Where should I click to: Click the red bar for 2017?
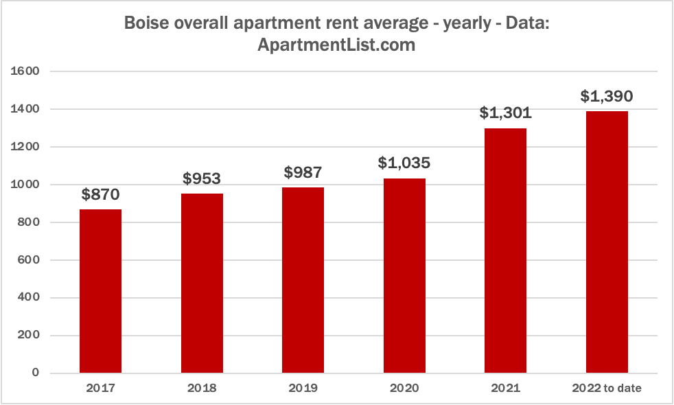click(x=101, y=291)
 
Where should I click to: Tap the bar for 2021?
click(x=506, y=251)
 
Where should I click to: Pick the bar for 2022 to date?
click(x=607, y=242)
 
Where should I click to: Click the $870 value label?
click(x=101, y=195)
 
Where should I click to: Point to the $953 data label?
click(x=202, y=179)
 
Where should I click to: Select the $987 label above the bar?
click(x=303, y=173)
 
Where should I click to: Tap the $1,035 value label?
click(x=404, y=163)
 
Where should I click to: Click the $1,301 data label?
click(x=506, y=113)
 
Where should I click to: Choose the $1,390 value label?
click(x=607, y=97)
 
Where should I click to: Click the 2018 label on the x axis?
click(x=202, y=389)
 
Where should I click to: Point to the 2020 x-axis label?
click(x=404, y=389)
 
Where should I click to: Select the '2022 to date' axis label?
click(x=607, y=389)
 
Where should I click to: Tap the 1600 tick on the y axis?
click(x=27, y=71)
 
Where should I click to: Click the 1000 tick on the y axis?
click(x=27, y=185)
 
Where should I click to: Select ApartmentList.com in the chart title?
click(x=337, y=45)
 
